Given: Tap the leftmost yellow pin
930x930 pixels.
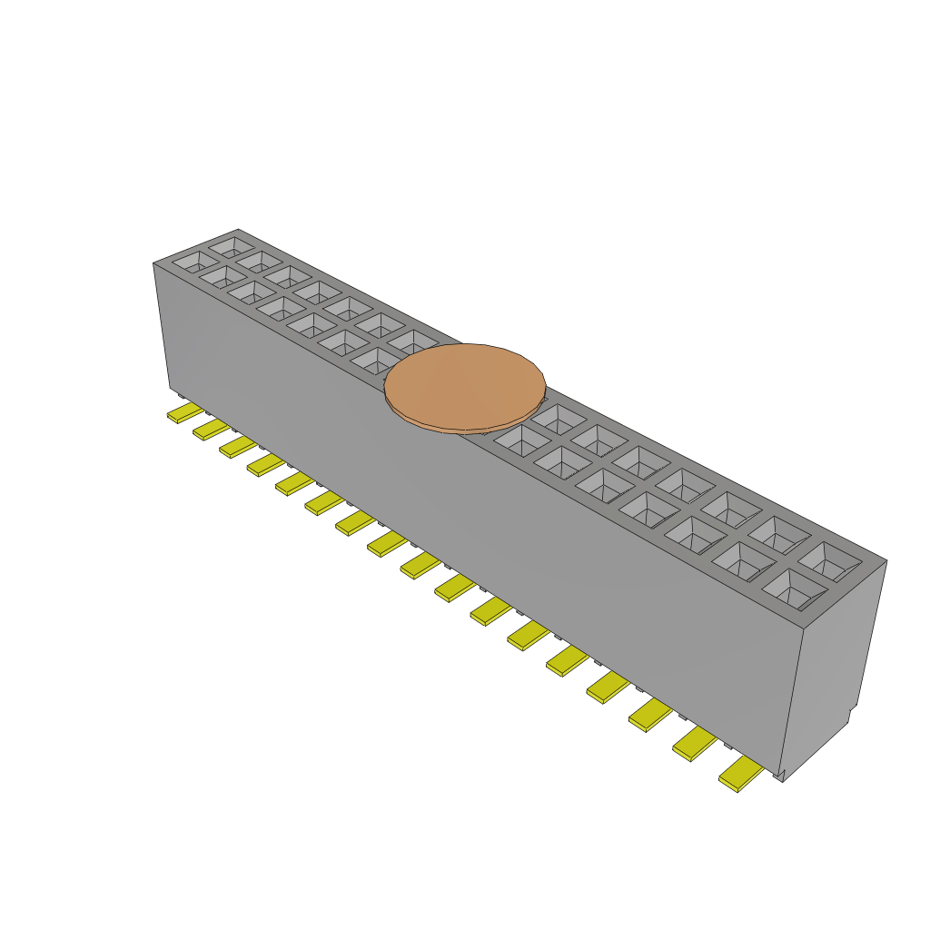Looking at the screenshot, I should tap(185, 413).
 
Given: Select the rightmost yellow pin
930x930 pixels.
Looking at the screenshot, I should tap(741, 773).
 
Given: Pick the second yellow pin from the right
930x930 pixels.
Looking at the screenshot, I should tap(695, 742).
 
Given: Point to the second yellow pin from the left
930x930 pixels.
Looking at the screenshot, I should tap(211, 428).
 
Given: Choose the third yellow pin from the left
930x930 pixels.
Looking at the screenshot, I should tap(238, 445).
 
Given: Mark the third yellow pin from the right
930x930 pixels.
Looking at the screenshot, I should tap(650, 713).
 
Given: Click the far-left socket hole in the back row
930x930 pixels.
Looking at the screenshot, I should tap(232, 245).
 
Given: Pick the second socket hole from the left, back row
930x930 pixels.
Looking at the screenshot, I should tap(260, 261).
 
